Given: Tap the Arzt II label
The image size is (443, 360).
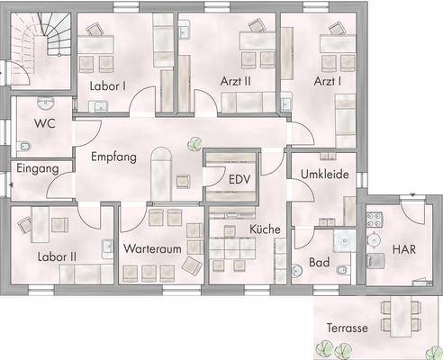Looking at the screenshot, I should (x=237, y=80).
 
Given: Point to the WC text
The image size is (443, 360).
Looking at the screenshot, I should (x=44, y=123).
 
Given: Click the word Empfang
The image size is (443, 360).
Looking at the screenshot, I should (x=113, y=157).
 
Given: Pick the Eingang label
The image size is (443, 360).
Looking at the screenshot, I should (x=38, y=168).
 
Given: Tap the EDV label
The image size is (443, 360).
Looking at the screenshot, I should (x=239, y=179).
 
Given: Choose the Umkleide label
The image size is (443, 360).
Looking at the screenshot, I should (x=324, y=175).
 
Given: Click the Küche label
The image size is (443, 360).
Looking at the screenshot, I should (x=266, y=229).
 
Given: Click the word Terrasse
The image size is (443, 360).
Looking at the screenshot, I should (x=348, y=328).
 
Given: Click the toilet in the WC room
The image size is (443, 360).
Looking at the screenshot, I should (x=24, y=147).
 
